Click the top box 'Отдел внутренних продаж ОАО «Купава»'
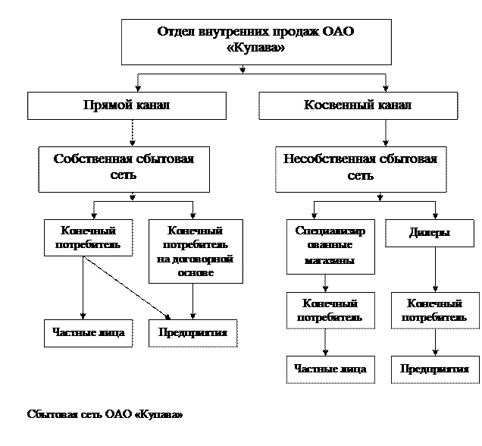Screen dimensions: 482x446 256,42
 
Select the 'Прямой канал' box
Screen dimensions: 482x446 127,105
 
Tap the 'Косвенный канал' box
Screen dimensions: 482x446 358,105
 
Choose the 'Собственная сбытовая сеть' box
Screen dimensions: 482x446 124,169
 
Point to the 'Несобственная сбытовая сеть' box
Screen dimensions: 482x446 361,169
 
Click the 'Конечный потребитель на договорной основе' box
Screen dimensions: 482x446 196,251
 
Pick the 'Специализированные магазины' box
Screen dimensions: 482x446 330,247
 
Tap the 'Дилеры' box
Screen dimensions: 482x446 430,233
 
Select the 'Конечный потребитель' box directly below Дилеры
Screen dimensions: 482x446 435,310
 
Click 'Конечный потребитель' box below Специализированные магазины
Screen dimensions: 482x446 330,310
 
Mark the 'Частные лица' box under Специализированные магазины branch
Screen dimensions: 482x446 330,369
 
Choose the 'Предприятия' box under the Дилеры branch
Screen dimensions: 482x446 435,369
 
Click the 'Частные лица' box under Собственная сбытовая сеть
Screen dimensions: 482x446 89,333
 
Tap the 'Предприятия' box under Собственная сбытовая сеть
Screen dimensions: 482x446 193,333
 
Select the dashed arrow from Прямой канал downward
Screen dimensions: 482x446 133,133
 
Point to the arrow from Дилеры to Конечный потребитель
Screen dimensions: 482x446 435,269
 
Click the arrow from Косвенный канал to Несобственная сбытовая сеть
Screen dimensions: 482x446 386,133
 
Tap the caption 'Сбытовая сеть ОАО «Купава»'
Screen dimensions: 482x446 105,414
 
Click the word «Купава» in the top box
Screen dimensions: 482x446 255,48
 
